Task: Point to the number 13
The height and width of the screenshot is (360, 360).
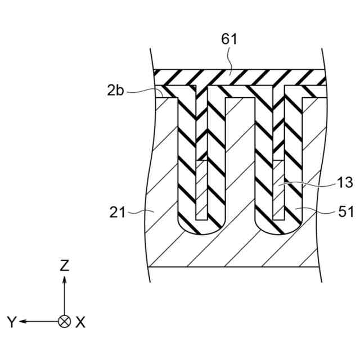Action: click(345, 182)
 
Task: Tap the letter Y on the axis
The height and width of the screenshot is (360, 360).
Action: click(11, 322)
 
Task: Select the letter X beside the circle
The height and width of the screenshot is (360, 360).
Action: click(80, 322)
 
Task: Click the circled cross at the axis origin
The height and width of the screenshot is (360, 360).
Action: click(65, 322)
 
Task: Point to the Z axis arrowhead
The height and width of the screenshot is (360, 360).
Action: click(65, 280)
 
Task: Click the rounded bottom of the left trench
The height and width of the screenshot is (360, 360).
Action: click(201, 228)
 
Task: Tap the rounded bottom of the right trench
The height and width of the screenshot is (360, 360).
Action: click(278, 228)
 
